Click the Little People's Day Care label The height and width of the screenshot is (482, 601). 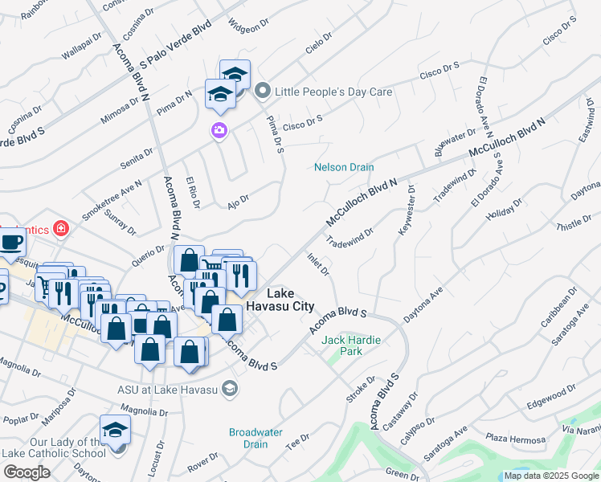pos(333,92)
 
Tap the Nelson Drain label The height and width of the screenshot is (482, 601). pos(344,167)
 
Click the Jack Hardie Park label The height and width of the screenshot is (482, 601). pos(351,345)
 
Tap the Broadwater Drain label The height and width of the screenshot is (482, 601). pos(256,438)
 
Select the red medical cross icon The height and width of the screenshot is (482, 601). pos(60,230)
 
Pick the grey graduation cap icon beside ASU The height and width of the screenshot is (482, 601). pos(230,390)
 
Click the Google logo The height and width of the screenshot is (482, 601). pos(27,472)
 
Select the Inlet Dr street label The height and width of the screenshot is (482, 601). pos(319,264)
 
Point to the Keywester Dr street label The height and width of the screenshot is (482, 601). pos(406,211)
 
